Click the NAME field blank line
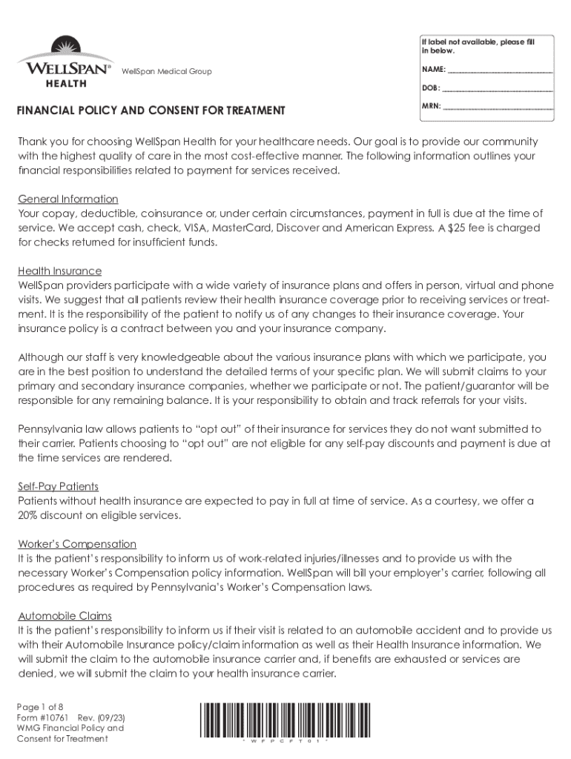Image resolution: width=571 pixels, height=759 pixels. click(x=501, y=70)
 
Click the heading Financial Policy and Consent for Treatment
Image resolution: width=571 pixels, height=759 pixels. click(x=151, y=110)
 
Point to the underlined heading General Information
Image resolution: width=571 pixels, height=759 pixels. click(x=68, y=199)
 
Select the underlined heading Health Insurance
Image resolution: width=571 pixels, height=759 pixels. click(x=60, y=271)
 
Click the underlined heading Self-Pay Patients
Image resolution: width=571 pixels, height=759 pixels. click(x=59, y=486)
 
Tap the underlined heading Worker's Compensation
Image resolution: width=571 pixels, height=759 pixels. click(x=77, y=544)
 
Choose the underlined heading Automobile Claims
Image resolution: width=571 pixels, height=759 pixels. click(x=65, y=616)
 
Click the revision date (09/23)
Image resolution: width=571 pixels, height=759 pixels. click(x=108, y=717)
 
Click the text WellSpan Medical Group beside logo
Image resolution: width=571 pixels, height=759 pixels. click(x=166, y=71)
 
